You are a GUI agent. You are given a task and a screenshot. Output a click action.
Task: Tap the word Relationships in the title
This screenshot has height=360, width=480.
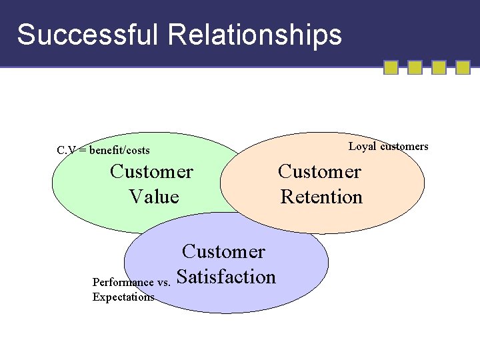(255, 35)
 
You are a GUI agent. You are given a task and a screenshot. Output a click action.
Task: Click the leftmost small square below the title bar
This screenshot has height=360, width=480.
(391, 67)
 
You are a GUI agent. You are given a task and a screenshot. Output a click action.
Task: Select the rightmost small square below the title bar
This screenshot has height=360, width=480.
(463, 67)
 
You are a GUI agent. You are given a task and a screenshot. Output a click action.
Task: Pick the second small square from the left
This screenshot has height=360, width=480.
(415, 67)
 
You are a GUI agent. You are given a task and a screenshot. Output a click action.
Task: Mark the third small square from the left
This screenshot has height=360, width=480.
(439, 67)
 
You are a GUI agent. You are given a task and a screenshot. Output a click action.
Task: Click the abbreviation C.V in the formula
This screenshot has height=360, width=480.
(66, 151)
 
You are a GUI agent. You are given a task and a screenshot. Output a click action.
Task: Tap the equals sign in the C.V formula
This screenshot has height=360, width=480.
(83, 151)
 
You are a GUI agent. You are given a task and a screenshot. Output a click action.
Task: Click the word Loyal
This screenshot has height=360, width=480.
(362, 147)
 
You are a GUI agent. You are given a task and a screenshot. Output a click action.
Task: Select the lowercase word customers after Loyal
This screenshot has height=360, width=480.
(404, 147)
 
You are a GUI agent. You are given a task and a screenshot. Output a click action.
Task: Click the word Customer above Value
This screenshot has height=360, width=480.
(151, 172)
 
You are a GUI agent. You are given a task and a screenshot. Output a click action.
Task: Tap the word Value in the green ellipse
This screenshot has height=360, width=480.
(154, 197)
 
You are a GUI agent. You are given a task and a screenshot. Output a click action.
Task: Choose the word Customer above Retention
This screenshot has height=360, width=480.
(319, 172)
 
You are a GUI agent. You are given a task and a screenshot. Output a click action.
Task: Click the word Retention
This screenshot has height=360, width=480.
(321, 197)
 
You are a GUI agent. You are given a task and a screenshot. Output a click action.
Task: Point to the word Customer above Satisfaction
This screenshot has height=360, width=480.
(223, 252)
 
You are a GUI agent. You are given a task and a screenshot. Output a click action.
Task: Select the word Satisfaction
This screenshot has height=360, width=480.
(227, 277)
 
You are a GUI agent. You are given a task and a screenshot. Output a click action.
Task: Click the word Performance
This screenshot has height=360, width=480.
(123, 283)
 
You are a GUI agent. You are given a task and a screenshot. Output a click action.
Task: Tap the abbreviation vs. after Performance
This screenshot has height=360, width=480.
(163, 283)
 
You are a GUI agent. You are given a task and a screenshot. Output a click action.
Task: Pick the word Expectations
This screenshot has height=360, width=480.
(123, 297)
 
